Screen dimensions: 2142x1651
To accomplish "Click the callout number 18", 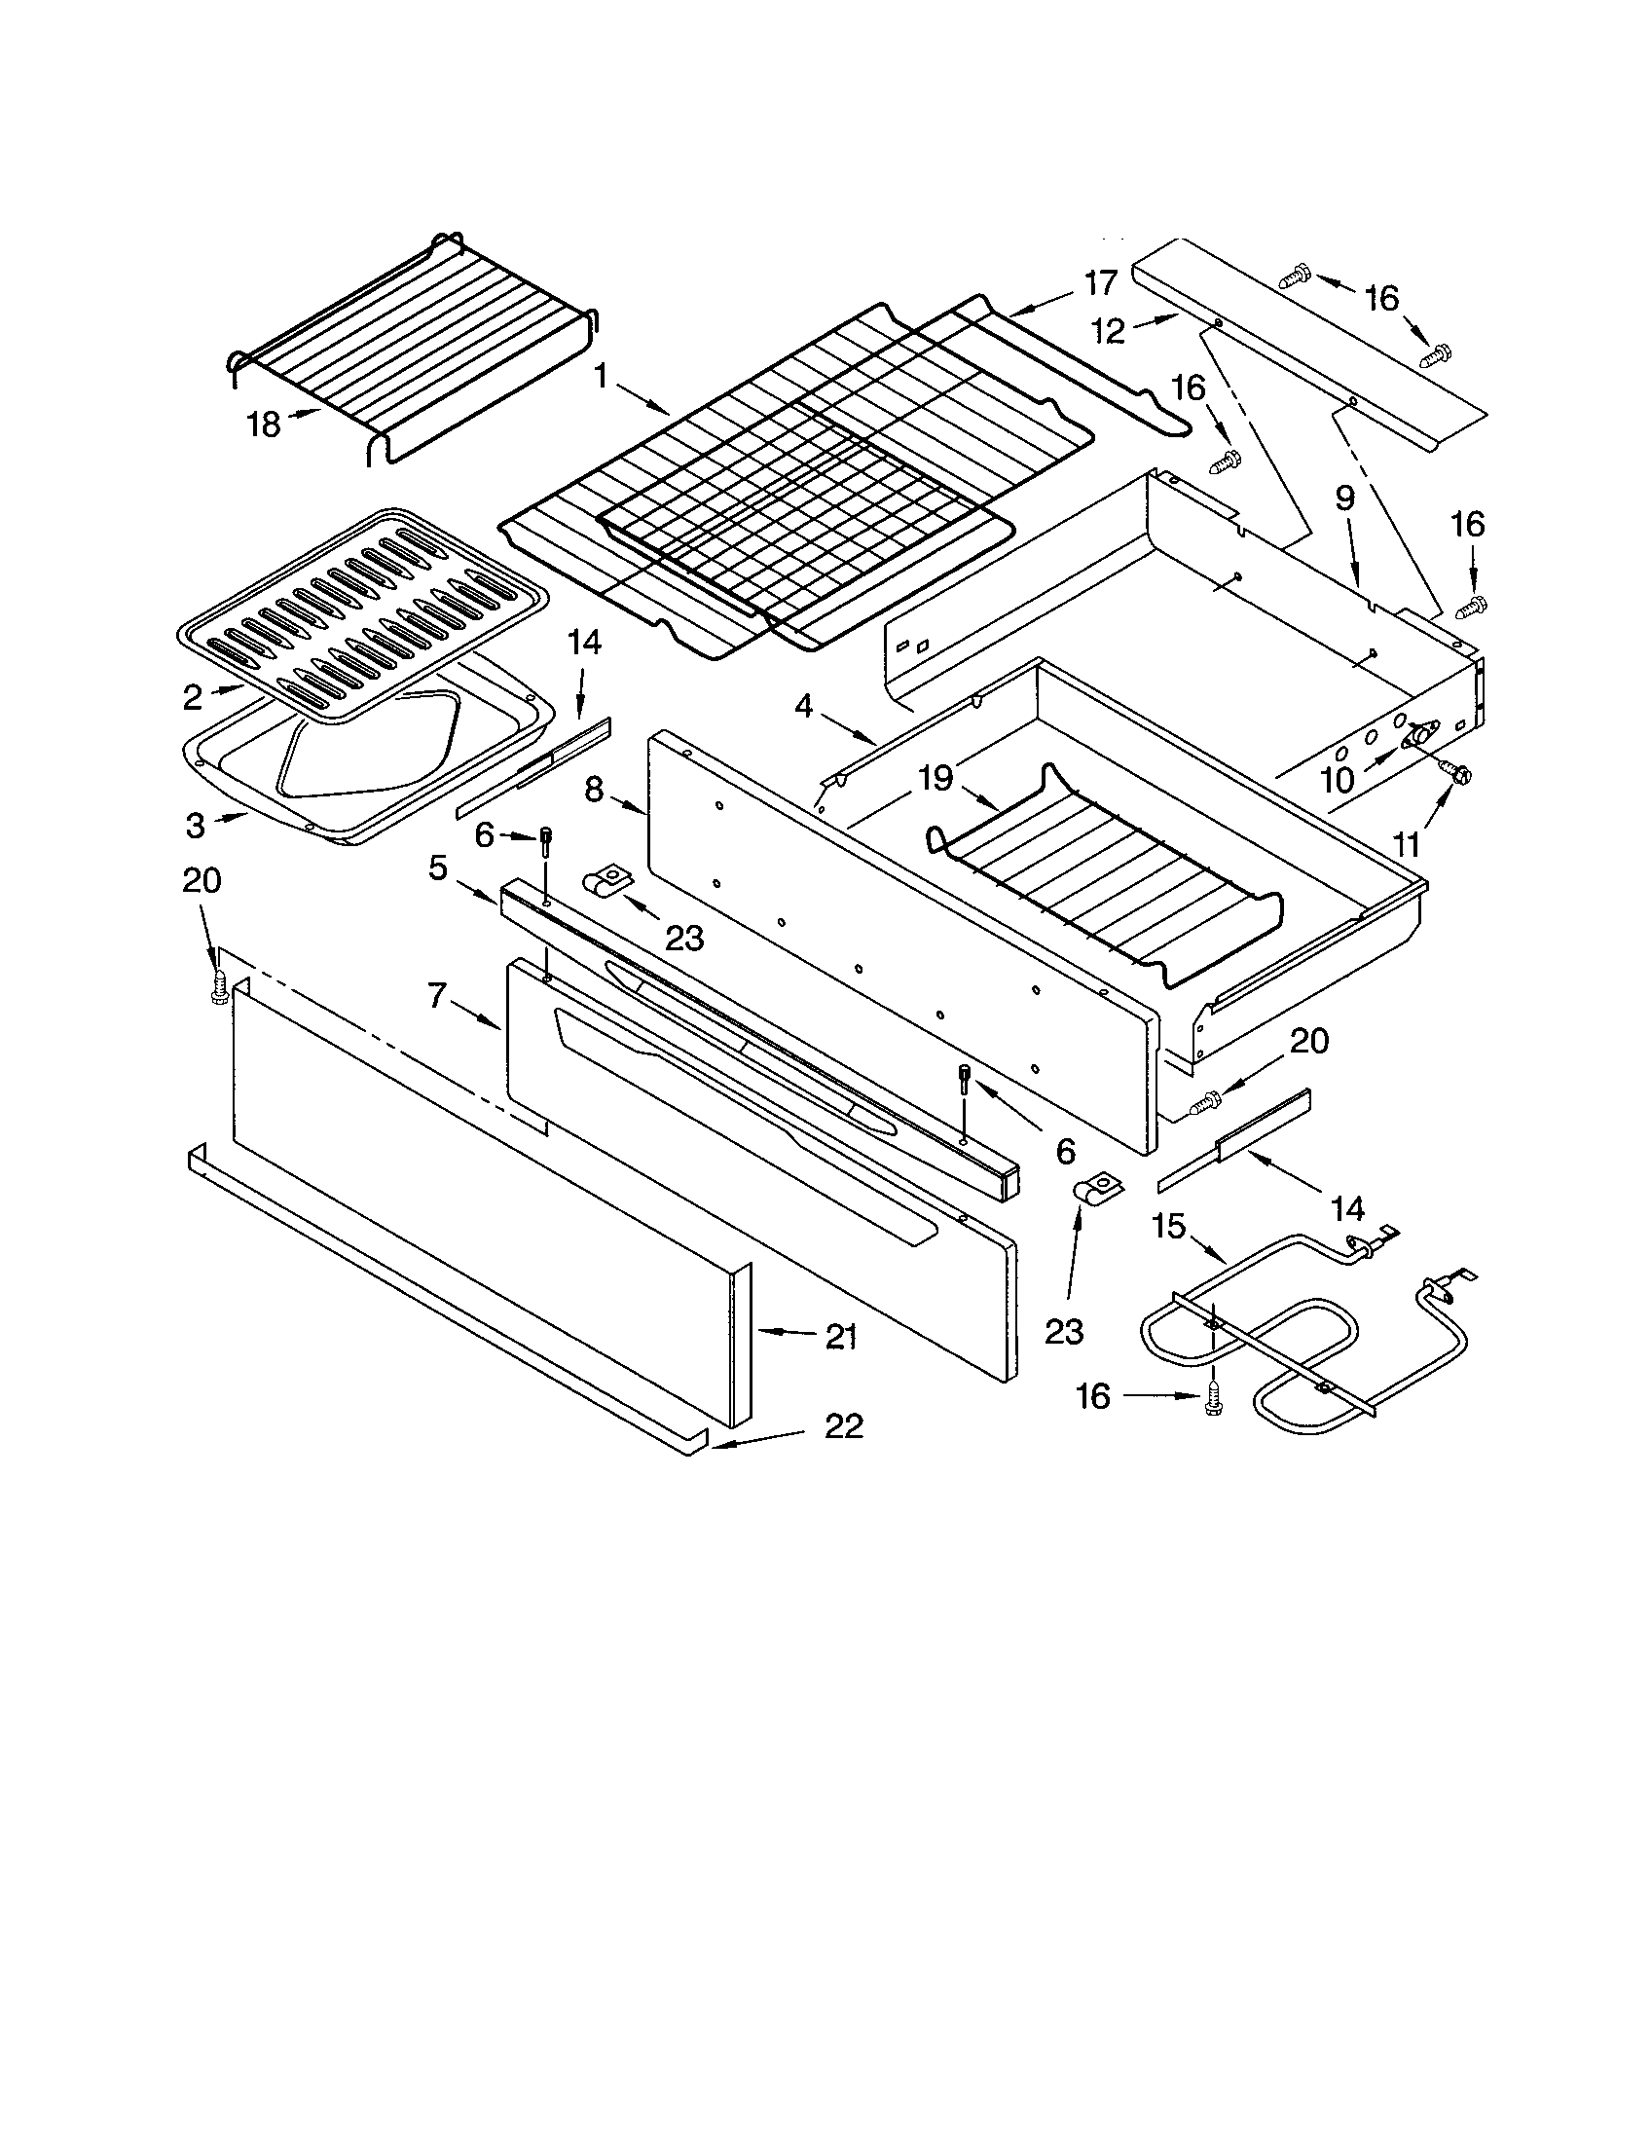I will (x=264, y=425).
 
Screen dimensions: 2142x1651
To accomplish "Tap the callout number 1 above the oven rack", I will (x=601, y=376).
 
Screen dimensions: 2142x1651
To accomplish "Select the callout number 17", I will (x=1101, y=283).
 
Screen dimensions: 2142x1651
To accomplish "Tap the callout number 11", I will (x=1407, y=842).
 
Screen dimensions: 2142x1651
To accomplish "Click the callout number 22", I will (x=843, y=1426).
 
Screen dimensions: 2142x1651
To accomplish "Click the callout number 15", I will (x=1168, y=1226).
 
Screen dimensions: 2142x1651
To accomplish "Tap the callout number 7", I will (x=438, y=995).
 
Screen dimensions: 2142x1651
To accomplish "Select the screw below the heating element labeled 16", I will (x=1213, y=1407).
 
